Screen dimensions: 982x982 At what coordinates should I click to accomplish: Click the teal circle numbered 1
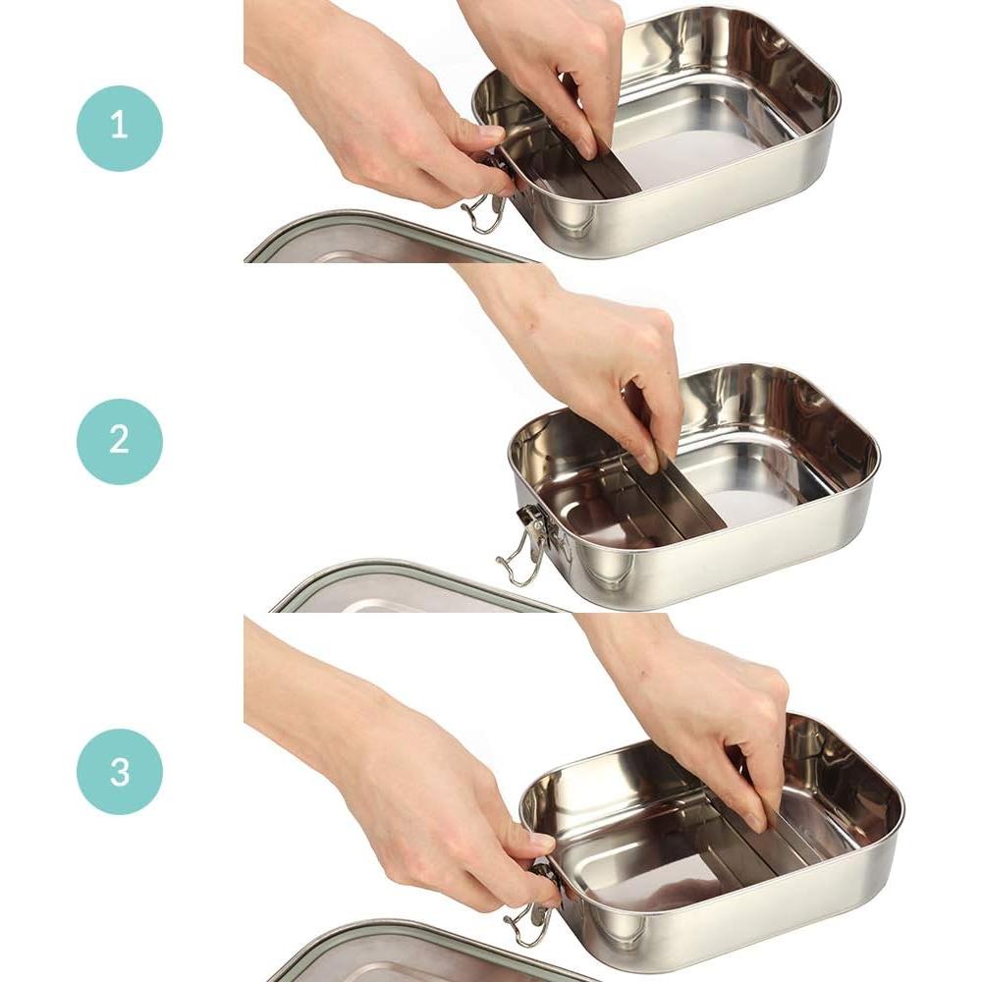coord(119,128)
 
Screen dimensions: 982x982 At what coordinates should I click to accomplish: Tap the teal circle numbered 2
coord(119,441)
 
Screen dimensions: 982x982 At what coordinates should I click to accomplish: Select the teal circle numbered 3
coord(119,771)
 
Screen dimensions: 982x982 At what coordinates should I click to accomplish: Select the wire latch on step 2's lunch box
coord(526,550)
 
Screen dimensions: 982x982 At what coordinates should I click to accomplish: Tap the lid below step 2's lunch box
coord(412,589)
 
